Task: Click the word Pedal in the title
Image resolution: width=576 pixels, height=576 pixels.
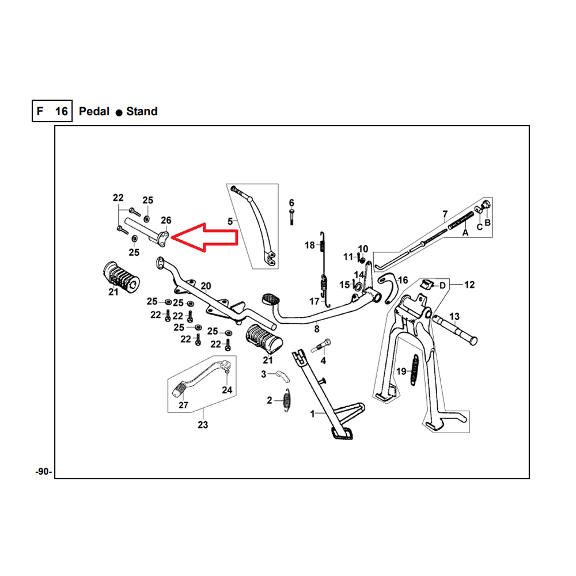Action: coord(94,111)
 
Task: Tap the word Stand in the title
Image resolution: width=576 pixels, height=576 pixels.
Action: coord(142,111)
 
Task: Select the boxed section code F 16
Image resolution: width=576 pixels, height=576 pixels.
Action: coord(52,111)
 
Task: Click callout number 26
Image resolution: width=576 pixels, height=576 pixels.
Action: coord(166,220)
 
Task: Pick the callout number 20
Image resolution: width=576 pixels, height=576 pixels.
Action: coord(206,286)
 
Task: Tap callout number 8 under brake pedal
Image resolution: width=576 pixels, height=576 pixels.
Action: coord(316,329)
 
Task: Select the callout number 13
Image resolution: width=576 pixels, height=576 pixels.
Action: coord(454,316)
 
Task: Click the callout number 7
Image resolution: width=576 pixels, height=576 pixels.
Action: coord(445,215)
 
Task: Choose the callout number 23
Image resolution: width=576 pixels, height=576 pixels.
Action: coord(203,425)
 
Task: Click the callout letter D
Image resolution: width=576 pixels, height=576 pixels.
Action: coord(442,285)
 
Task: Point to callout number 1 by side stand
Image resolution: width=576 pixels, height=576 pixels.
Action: coord(313,414)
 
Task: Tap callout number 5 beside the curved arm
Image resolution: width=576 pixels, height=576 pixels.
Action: coord(230,221)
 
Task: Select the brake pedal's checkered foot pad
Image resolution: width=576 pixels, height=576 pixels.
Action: coord(270,300)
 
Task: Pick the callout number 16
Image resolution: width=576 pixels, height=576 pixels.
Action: coord(403,280)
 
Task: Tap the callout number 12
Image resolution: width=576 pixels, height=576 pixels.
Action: coord(469,285)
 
